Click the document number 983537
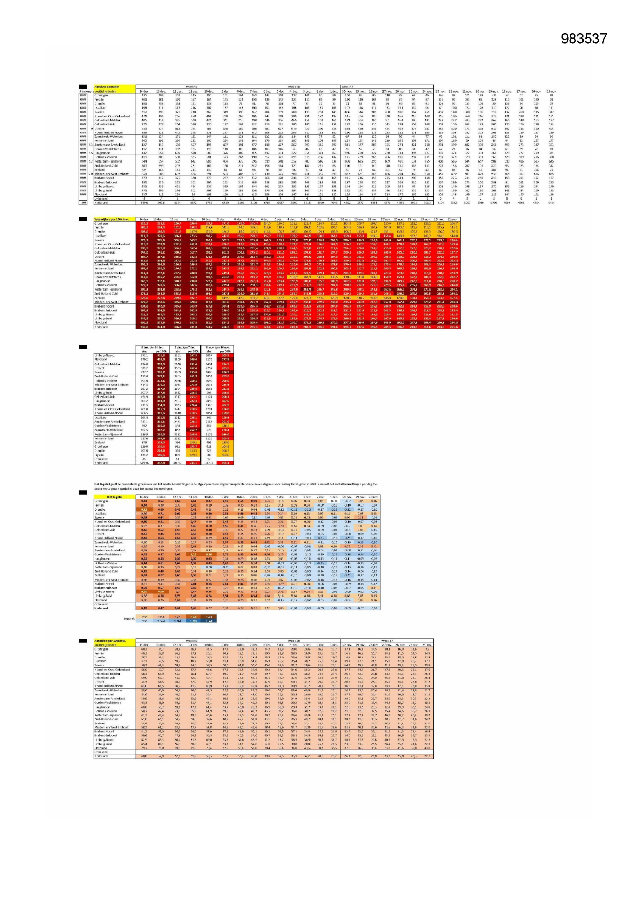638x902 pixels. coord(584,39)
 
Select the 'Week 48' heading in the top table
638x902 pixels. coord(294,87)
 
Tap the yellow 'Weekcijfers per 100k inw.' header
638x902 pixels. coord(111,219)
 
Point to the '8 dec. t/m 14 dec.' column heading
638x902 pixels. coord(148,347)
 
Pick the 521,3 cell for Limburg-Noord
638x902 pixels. coord(161,355)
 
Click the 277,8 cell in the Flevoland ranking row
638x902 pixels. coord(225,359)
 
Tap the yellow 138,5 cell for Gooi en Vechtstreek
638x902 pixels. coord(225,426)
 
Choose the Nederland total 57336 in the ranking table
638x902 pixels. coord(144,463)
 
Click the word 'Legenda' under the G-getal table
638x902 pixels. coord(130,618)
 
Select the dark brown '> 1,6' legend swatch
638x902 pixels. coord(209,616)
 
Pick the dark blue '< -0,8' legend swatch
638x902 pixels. coord(209,620)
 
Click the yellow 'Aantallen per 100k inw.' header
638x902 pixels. coord(111,641)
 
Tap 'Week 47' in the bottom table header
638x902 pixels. coord(387,641)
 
